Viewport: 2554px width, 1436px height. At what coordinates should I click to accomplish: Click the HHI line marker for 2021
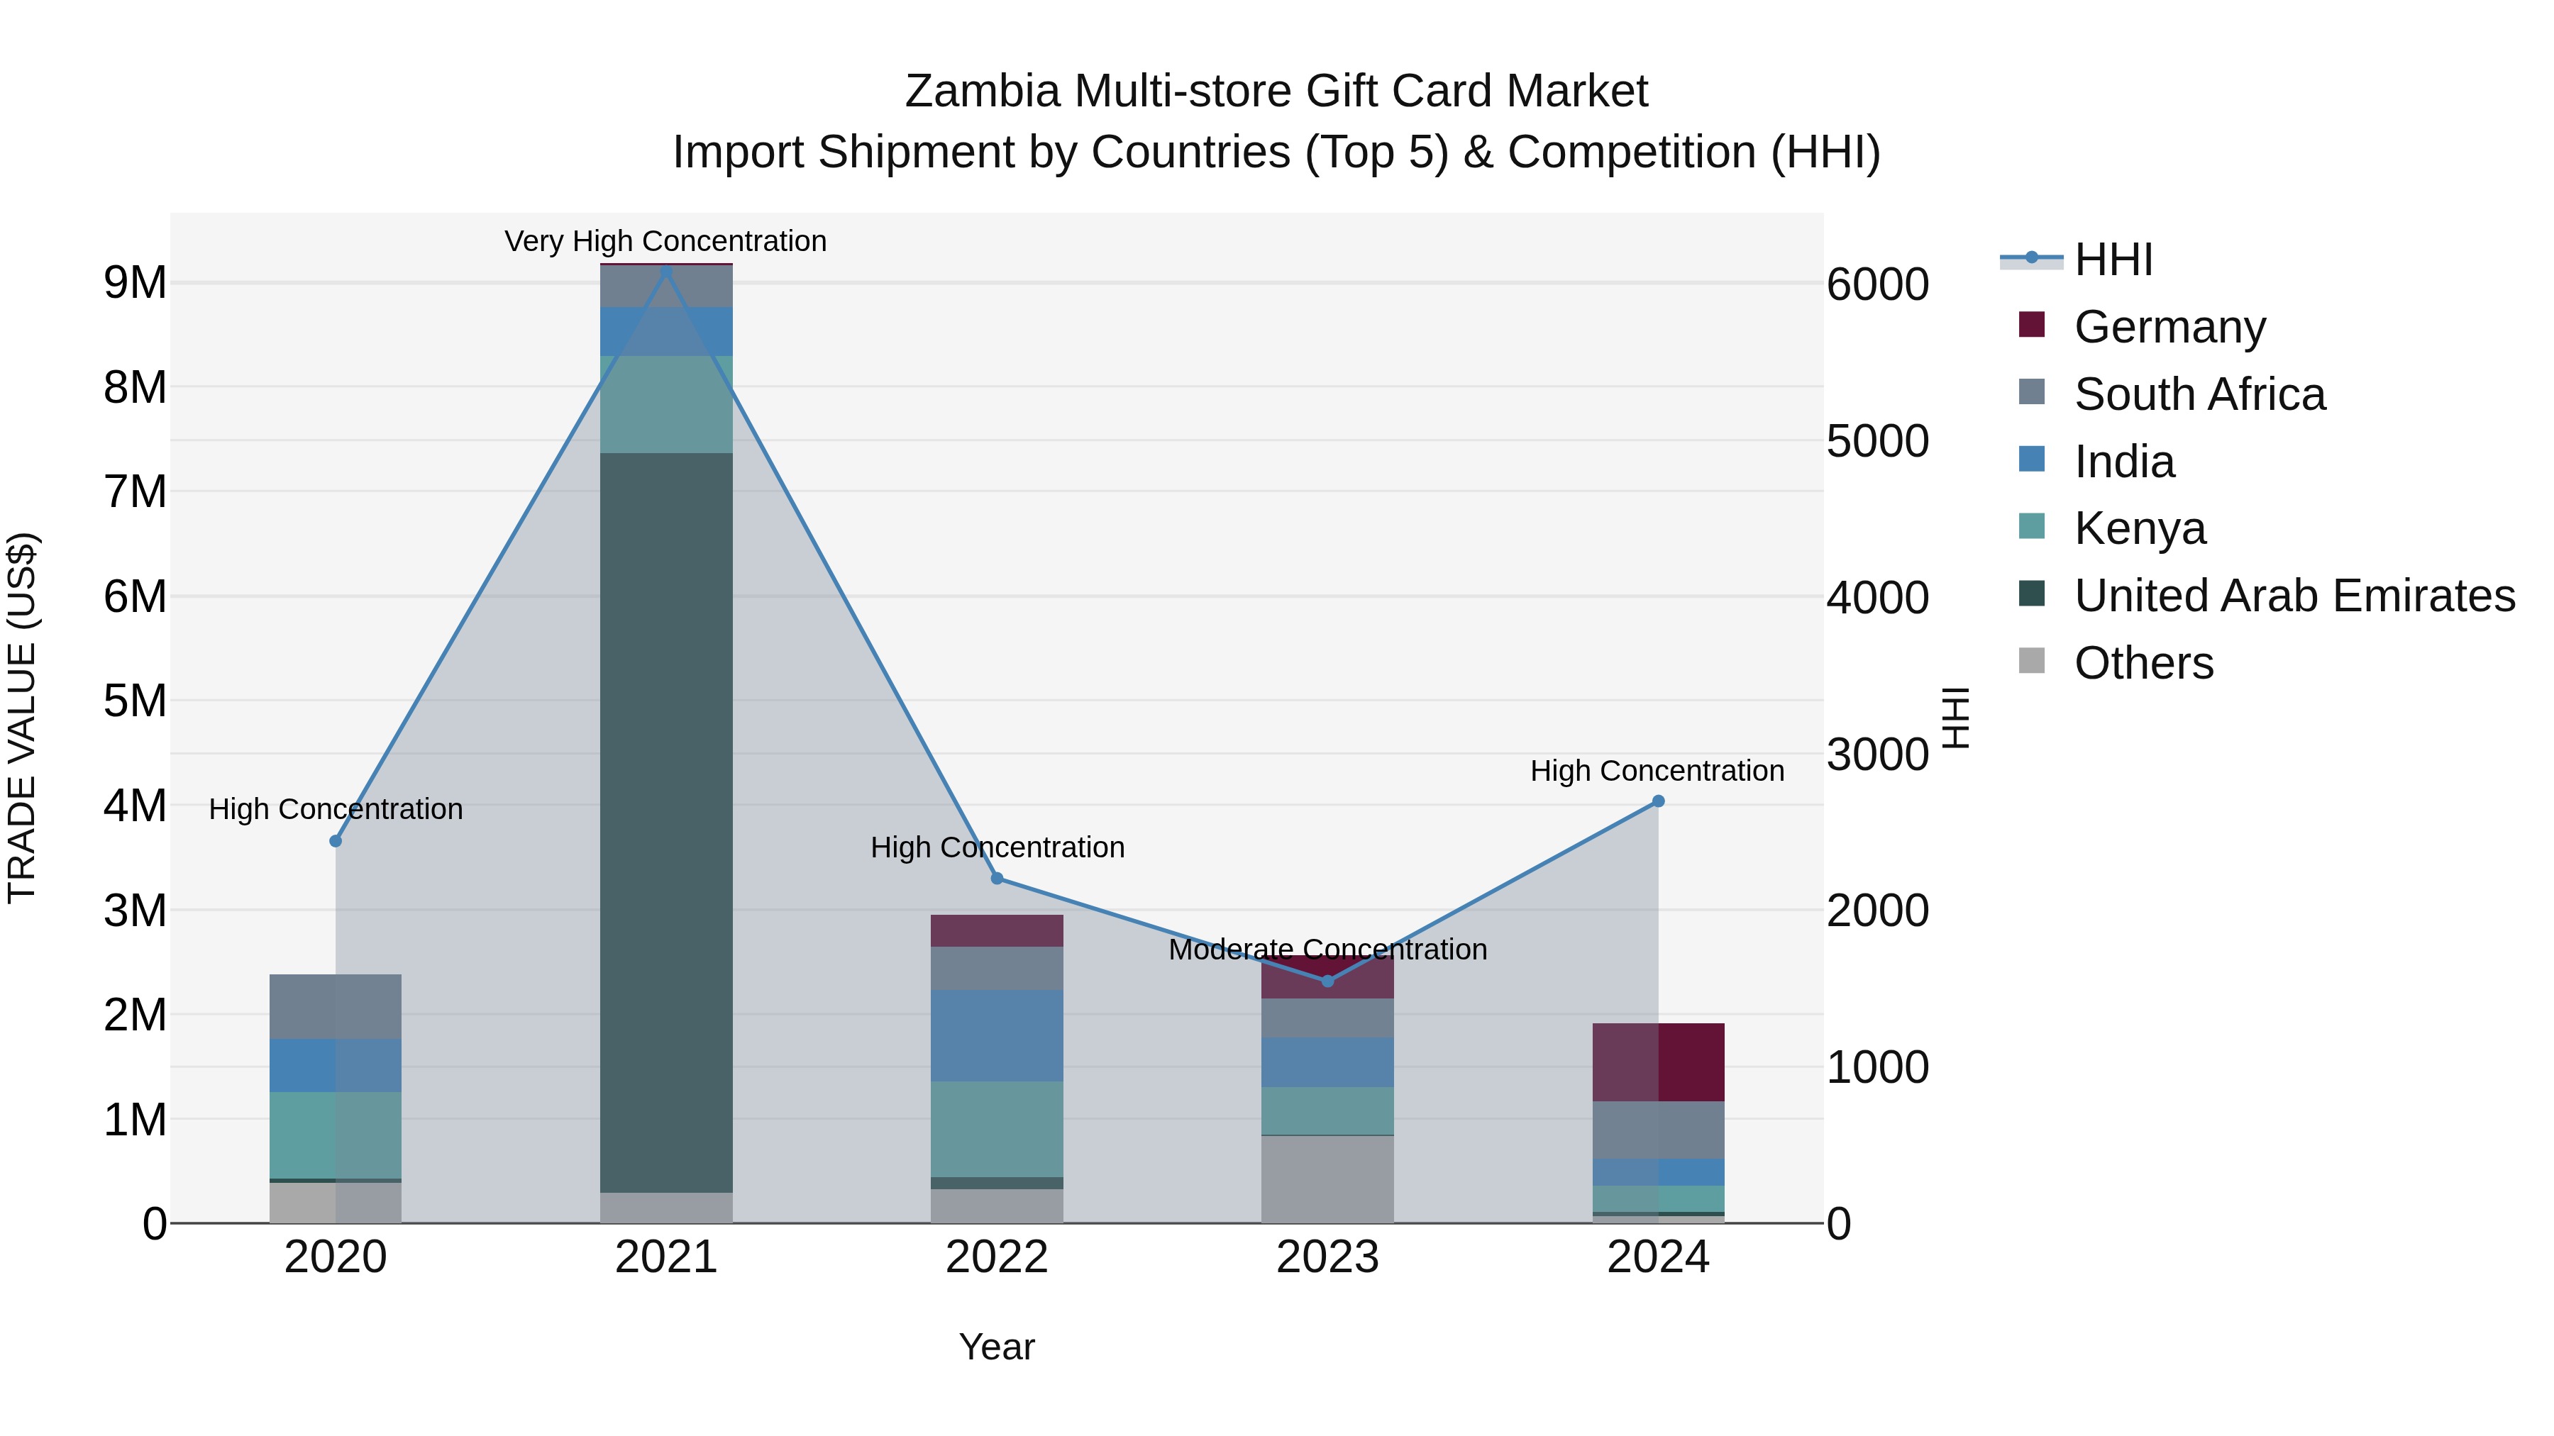click(x=666, y=272)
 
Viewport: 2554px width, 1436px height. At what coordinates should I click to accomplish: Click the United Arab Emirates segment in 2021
click(x=666, y=823)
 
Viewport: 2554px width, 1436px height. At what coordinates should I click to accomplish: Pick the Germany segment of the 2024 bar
click(x=1658, y=1062)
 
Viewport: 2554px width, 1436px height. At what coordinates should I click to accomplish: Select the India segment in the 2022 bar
click(x=997, y=1035)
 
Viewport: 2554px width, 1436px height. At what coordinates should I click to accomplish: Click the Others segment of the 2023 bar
click(x=1327, y=1179)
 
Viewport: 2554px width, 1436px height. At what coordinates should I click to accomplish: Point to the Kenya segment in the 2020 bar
click(x=335, y=1135)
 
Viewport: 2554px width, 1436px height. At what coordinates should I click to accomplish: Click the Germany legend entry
click(x=2169, y=327)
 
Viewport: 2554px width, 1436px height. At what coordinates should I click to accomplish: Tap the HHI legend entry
click(x=2113, y=260)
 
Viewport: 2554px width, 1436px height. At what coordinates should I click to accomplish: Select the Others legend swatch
click(x=2032, y=661)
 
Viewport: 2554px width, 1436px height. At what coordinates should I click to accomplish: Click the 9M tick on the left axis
click(x=135, y=284)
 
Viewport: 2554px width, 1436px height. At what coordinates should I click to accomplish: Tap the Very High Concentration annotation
click(x=665, y=241)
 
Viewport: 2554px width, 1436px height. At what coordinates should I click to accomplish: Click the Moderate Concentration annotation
click(x=1327, y=950)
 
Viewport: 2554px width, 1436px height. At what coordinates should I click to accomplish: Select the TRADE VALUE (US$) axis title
click(x=22, y=718)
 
